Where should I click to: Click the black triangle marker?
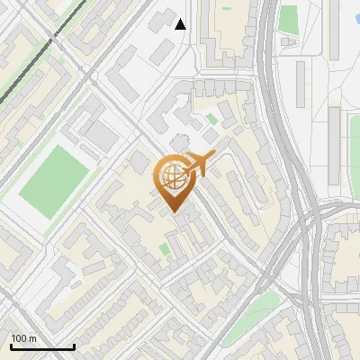(181, 24)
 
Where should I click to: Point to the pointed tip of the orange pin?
(175, 212)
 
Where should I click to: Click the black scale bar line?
(42, 346)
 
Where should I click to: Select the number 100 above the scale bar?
(19, 338)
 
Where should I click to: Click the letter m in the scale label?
(32, 338)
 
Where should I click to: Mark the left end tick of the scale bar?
(11, 345)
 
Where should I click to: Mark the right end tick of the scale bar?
(74, 345)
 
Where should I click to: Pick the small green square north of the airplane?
(211, 118)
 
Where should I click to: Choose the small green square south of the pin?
(165, 248)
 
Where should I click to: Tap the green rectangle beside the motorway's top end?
(288, 18)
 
